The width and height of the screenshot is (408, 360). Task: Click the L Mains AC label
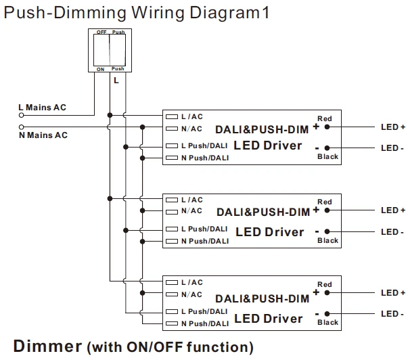point(42,108)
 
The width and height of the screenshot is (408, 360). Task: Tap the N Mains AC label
point(43,135)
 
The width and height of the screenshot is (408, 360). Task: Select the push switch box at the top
point(109,51)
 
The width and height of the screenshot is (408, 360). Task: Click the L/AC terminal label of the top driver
point(191,116)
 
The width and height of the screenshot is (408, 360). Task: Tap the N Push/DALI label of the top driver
point(206,158)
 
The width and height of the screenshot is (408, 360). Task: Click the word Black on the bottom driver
point(328,323)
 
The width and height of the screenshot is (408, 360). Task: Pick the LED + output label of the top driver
point(392,127)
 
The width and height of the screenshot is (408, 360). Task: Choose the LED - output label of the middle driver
point(392,232)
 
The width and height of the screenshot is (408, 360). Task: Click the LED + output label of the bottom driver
point(392,293)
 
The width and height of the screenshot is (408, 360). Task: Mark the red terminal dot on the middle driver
point(327,210)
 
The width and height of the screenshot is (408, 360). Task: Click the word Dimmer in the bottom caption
point(47,346)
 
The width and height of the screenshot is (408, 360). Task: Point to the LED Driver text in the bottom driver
point(269,317)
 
